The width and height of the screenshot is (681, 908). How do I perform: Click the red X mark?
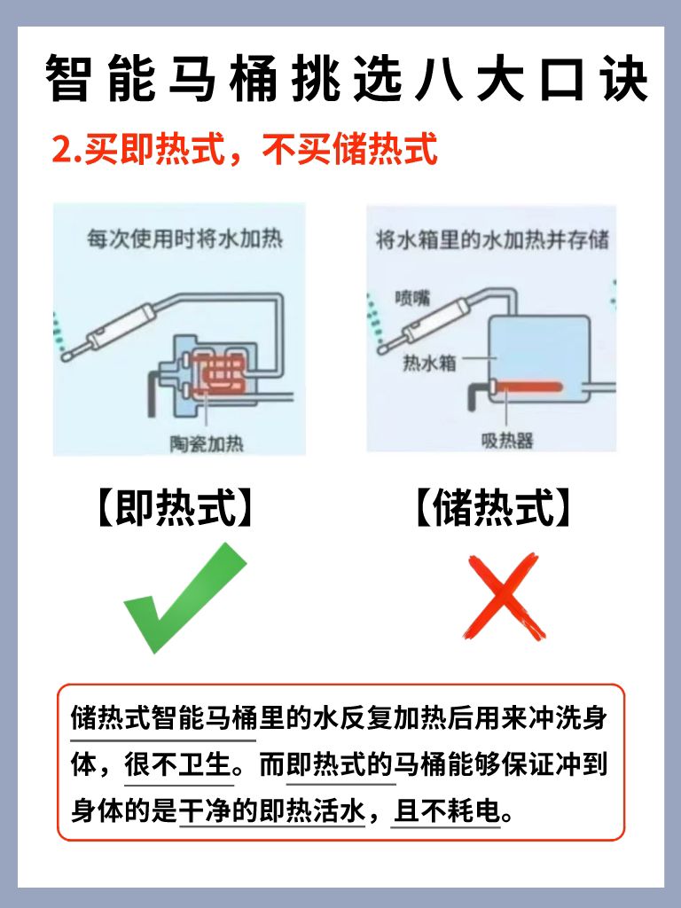click(504, 596)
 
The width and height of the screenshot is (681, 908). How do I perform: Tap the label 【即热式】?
click(176, 507)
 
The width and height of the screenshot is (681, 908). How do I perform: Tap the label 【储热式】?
click(493, 507)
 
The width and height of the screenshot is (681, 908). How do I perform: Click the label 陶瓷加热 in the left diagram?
click(207, 443)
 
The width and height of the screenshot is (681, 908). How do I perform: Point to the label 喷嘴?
click(413, 298)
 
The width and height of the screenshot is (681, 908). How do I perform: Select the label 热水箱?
click(429, 363)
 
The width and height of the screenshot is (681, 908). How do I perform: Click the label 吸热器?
click(507, 440)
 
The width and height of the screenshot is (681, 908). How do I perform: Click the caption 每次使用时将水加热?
click(184, 238)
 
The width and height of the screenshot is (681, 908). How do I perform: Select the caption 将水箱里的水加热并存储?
click(492, 239)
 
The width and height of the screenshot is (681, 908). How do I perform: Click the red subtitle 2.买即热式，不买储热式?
click(245, 149)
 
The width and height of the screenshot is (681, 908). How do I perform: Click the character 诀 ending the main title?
click(624, 78)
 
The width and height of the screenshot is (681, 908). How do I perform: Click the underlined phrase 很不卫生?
click(178, 764)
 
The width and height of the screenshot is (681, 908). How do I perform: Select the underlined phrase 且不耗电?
click(446, 810)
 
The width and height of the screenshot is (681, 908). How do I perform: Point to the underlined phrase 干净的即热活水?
click(272, 810)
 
